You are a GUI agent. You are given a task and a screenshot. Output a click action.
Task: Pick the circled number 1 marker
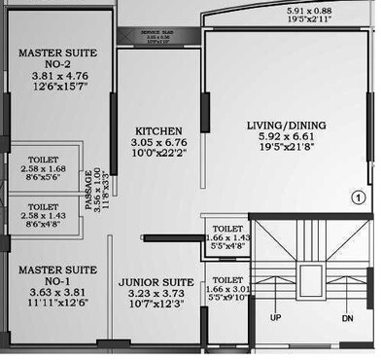click(x=358, y=198)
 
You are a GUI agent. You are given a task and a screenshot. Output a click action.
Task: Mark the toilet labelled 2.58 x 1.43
click(x=43, y=216)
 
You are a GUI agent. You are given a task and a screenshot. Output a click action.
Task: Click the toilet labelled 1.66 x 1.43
click(x=230, y=238)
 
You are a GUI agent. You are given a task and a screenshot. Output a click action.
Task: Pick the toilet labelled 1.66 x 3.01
click(x=230, y=289)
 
